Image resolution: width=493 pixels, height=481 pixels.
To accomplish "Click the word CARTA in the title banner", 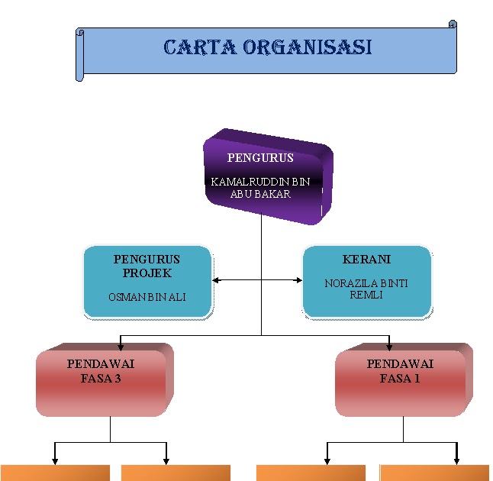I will tap(200, 47).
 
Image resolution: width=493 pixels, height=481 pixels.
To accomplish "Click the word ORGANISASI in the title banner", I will tap(308, 47).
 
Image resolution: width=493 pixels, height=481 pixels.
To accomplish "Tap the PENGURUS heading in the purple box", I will tap(260, 158).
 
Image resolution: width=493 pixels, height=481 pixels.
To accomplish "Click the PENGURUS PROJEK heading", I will tap(147, 266).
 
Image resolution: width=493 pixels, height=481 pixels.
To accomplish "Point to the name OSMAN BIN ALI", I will tap(147, 297).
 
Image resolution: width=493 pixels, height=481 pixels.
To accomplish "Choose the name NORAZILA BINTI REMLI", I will tap(366, 289).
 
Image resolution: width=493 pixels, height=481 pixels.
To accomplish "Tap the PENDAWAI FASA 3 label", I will tap(101, 370).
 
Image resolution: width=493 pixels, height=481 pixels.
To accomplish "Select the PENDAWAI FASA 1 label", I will tap(400, 370).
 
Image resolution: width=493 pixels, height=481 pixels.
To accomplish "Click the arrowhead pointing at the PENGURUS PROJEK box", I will tap(216, 280).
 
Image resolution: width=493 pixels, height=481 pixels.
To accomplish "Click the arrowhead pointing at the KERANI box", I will tap(298, 280).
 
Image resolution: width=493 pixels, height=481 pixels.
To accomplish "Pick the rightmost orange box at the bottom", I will tap(434, 473).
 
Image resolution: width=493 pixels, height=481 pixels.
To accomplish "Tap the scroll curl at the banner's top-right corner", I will tap(453, 25).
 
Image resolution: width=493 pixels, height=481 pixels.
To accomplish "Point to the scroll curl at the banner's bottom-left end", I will tap(79, 76).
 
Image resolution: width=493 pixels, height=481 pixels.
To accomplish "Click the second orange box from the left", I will tap(176, 473).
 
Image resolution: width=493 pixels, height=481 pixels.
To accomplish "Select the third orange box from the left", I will tap(312, 473).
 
